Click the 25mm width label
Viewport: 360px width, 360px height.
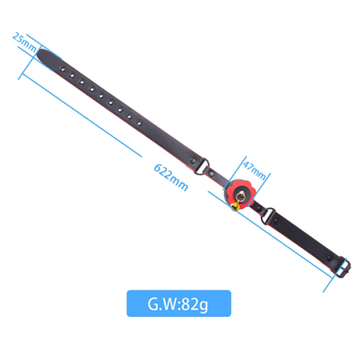pyautogui.click(x=25, y=43)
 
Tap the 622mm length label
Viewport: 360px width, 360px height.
pyautogui.click(x=171, y=177)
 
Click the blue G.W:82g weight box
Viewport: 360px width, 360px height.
pyautogui.click(x=179, y=303)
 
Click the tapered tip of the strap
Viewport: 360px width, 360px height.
pyautogui.click(x=40, y=54)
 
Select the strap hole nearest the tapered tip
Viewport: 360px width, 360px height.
pyautogui.click(x=62, y=68)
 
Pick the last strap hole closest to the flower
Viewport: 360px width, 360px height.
pyautogui.click(x=139, y=123)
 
